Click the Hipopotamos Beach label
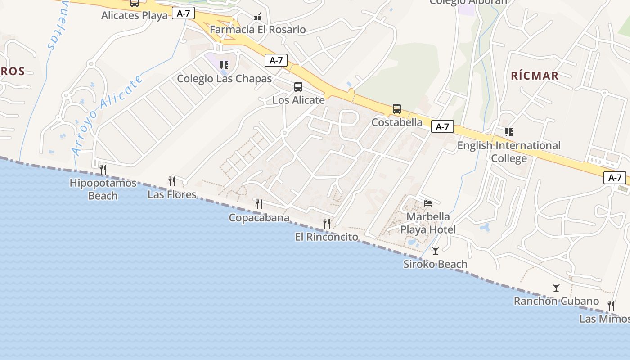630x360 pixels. point(103,189)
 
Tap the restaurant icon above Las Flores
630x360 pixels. point(172,181)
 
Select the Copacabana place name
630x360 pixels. point(259,218)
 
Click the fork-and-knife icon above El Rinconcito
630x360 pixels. point(327,223)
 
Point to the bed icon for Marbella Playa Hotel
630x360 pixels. point(428,203)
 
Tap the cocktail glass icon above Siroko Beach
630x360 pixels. point(435,250)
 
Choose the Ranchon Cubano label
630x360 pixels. point(556,301)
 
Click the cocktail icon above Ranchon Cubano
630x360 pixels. point(556,287)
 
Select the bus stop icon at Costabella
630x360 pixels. point(396,108)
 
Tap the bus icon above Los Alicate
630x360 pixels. point(298,87)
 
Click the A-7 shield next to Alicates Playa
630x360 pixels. point(184,13)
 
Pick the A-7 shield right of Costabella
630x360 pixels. point(442,127)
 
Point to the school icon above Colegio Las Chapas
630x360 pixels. point(224,65)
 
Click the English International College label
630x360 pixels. point(509,152)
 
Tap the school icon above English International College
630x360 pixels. point(509,132)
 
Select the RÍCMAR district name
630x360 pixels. point(535,76)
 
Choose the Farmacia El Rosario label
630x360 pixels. point(258,30)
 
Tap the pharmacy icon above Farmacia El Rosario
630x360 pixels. point(258,17)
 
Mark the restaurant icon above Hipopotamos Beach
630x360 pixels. point(103,169)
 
